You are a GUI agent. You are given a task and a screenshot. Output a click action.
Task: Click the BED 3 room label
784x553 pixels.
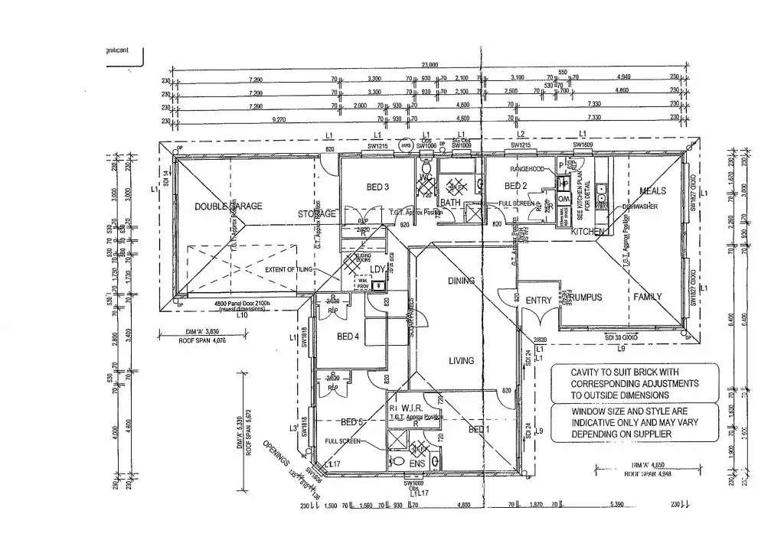pyautogui.click(x=378, y=187)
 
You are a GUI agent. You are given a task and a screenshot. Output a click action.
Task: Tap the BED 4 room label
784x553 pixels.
pyautogui.click(x=348, y=337)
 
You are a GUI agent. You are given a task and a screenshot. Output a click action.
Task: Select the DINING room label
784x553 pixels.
pyautogui.click(x=462, y=281)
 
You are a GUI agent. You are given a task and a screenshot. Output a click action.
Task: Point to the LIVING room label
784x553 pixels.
pyautogui.click(x=461, y=360)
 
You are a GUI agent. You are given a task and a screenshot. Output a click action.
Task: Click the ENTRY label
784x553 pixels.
pyautogui.click(x=538, y=301)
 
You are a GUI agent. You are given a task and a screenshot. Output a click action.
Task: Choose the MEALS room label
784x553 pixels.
pyautogui.click(x=652, y=191)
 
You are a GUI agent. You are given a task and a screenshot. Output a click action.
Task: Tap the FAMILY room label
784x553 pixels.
pyautogui.click(x=647, y=296)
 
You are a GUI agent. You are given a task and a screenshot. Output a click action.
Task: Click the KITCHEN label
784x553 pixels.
pyautogui.click(x=589, y=231)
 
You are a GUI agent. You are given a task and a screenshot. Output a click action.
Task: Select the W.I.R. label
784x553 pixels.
pyautogui.click(x=412, y=408)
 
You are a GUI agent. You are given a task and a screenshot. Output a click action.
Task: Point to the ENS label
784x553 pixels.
pyautogui.click(x=417, y=464)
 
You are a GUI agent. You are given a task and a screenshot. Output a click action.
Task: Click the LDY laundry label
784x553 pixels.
pyautogui.click(x=377, y=269)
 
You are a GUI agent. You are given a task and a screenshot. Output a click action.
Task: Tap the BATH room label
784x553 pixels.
pyautogui.click(x=450, y=203)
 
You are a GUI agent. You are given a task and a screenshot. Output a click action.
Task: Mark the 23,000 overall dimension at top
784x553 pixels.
pyautogui.click(x=429, y=66)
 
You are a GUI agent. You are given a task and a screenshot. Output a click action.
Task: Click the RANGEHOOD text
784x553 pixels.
pyautogui.click(x=527, y=169)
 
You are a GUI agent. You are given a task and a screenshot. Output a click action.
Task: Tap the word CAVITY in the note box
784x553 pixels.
pyautogui.click(x=589, y=372)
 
